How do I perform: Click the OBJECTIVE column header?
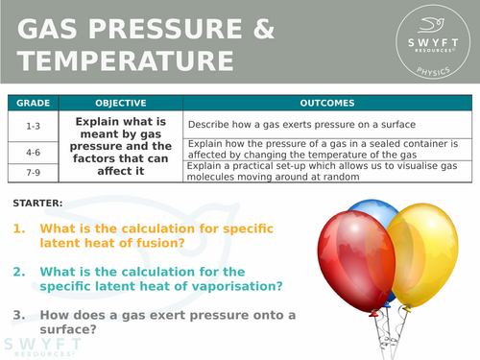(x=120, y=103)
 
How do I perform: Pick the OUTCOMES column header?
(x=326, y=103)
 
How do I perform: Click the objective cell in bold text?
(x=120, y=147)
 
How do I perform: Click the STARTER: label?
(x=39, y=204)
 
